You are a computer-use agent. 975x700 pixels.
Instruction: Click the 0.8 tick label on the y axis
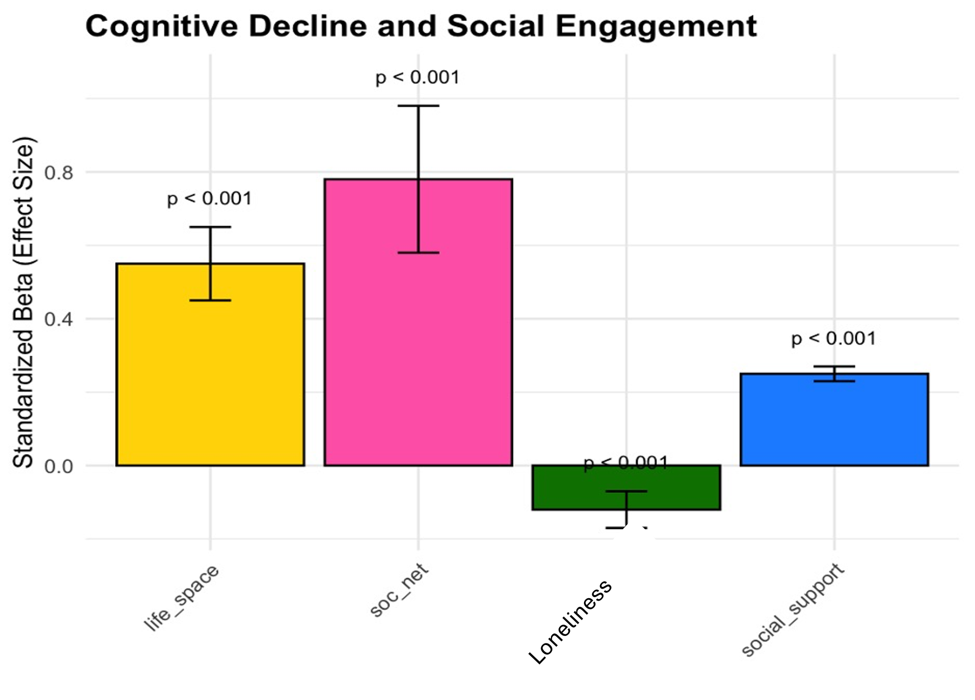tap(59, 173)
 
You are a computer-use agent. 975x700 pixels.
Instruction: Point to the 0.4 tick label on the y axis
tap(59, 319)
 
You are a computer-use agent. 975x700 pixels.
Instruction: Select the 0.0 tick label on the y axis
tap(59, 466)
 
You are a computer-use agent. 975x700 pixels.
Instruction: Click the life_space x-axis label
tap(182, 598)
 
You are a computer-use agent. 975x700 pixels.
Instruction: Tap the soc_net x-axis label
tap(400, 591)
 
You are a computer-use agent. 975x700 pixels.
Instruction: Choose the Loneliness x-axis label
tap(570, 622)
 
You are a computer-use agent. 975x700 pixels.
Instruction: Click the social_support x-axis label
tap(793, 610)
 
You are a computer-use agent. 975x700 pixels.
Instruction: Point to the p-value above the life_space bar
tap(210, 199)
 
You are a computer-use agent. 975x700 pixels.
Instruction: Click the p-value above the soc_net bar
tap(417, 77)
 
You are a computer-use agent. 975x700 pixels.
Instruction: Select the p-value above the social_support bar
tap(833, 339)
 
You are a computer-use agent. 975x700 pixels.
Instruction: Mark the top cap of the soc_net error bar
tap(419, 106)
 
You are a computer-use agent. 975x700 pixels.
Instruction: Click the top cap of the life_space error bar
tap(210, 227)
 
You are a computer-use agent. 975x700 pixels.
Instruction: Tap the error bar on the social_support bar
tap(834, 374)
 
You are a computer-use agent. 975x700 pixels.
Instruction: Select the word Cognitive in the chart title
tap(161, 26)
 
